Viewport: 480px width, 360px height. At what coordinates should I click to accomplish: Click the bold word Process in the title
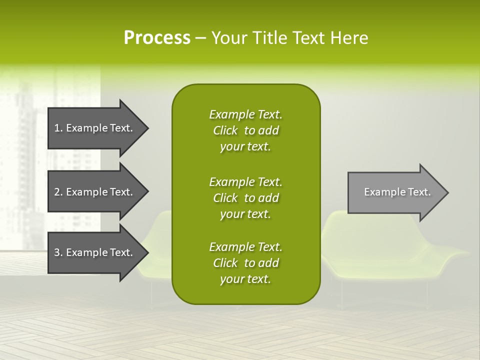(157, 38)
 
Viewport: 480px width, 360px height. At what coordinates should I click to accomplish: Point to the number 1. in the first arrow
(58, 128)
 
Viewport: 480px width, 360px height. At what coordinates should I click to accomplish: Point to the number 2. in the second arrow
(58, 192)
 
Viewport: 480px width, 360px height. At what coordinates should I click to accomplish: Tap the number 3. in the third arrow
(58, 252)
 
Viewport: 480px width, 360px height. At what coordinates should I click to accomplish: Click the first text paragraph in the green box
(245, 130)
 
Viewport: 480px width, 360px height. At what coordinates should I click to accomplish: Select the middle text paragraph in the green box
(245, 198)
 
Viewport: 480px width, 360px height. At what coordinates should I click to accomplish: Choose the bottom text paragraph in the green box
(245, 263)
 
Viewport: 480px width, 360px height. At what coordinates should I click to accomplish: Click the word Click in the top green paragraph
(225, 130)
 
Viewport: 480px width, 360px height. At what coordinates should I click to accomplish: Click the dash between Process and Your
(200, 38)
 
